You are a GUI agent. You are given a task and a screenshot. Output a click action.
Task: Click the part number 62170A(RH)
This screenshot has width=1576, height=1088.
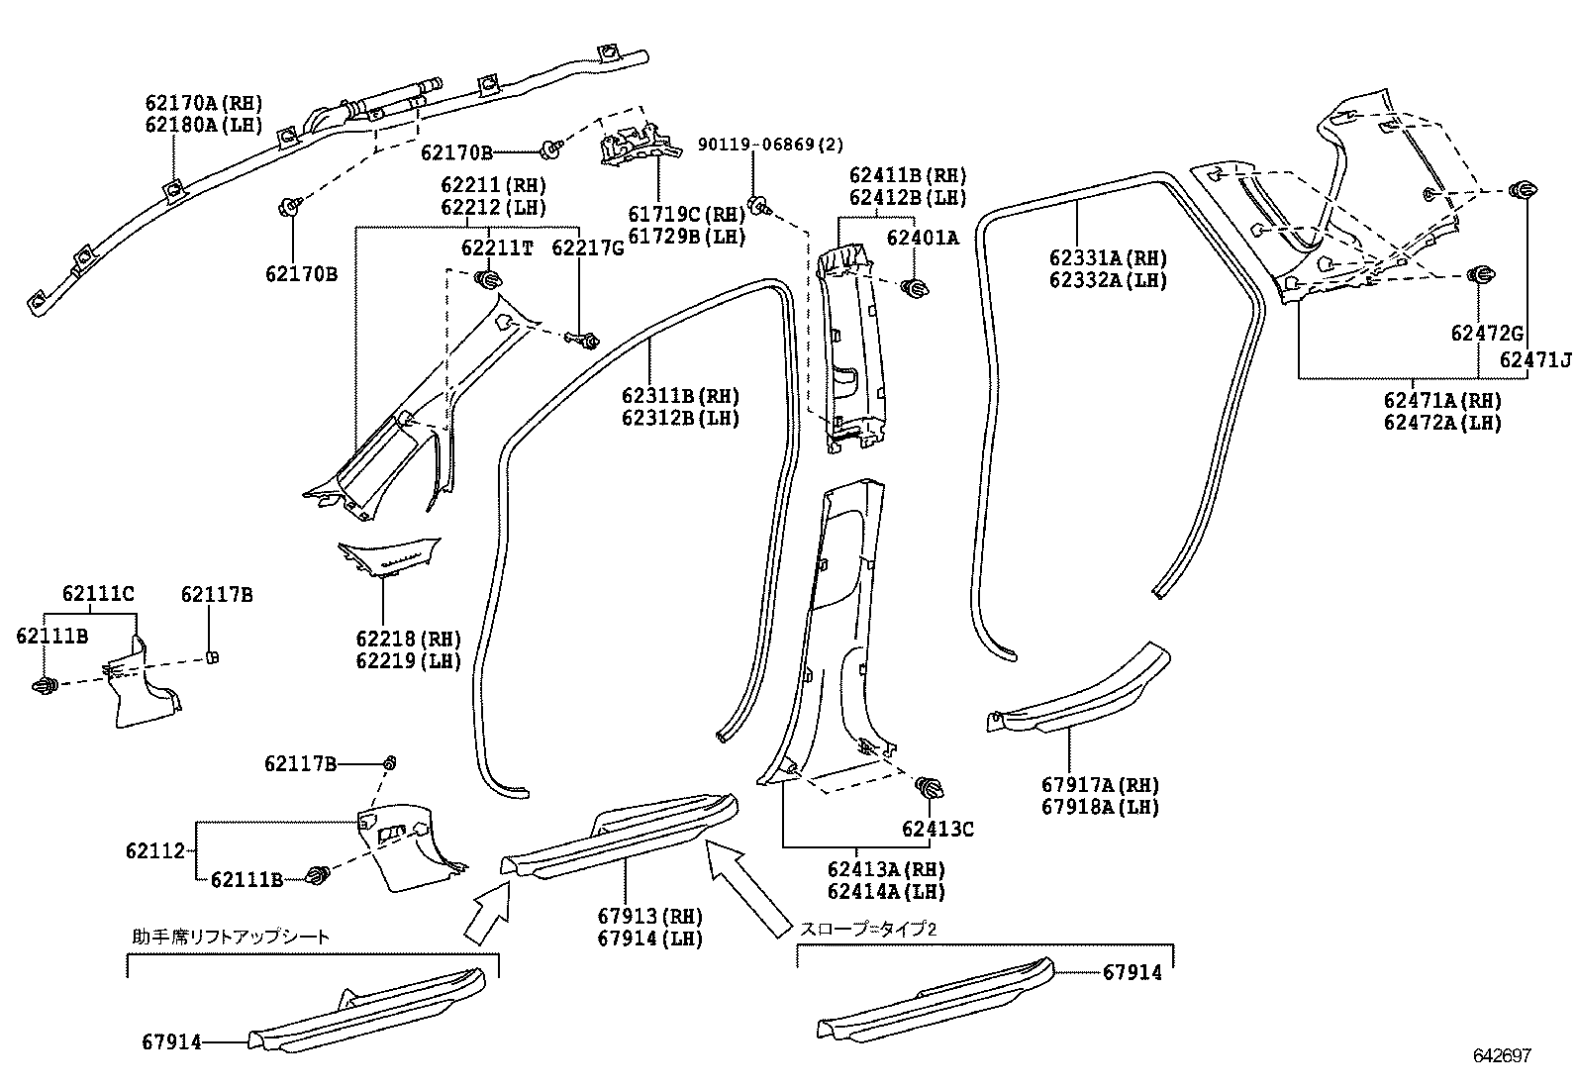point(203,103)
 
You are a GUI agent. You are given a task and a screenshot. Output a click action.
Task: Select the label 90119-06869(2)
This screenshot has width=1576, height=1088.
point(770,146)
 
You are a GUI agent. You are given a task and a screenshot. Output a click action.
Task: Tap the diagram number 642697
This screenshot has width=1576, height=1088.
point(1502,1055)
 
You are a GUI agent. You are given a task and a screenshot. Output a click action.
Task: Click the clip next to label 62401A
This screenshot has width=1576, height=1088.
point(917,288)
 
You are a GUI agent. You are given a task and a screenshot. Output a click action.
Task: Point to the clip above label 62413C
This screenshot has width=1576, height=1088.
point(930,789)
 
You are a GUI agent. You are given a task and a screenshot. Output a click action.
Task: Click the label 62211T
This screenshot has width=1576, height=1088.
point(497,247)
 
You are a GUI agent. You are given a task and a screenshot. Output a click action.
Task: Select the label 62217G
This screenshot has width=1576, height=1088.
point(588,247)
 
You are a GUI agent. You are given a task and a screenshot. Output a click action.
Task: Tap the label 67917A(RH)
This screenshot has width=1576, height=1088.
point(1100,785)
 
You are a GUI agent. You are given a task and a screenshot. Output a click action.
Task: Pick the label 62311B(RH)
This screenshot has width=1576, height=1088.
point(680,396)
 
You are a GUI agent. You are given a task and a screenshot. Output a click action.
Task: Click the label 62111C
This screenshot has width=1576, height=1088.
point(98,594)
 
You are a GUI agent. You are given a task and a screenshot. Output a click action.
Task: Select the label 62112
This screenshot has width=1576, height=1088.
point(155,850)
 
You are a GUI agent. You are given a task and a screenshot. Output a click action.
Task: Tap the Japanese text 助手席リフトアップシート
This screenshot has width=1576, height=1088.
point(230,937)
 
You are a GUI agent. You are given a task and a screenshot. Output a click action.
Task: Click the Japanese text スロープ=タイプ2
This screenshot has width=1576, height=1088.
point(867,929)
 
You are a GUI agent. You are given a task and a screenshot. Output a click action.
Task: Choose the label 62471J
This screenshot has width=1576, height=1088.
point(1534,359)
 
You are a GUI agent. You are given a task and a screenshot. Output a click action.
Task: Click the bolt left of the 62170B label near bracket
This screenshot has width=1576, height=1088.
point(549,150)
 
